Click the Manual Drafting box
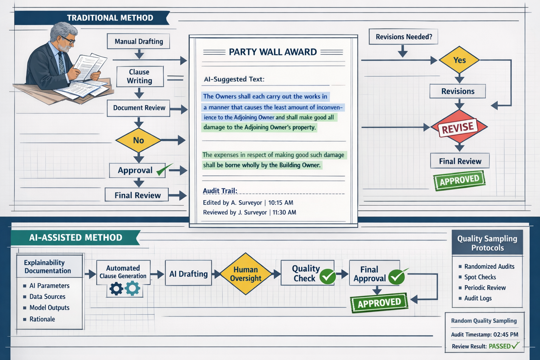pos(139,41)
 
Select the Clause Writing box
pos(140,76)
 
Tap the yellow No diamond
pos(139,140)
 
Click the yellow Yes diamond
pos(459,60)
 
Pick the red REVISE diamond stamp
pos(458,128)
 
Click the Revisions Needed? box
pos(404,37)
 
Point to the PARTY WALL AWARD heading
pos(273,52)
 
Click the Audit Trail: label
pos(220,191)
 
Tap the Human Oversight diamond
pos(245,274)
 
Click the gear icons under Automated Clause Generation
pos(124,289)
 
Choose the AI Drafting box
pos(188,274)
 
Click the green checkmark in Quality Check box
pos(327,276)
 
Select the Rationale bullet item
pos(42,319)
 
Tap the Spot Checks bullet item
pos(480,277)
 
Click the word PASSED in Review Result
pos(500,346)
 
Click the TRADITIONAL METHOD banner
pos(110,18)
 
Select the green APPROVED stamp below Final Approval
pos(379,303)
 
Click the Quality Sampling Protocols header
pos(487,243)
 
